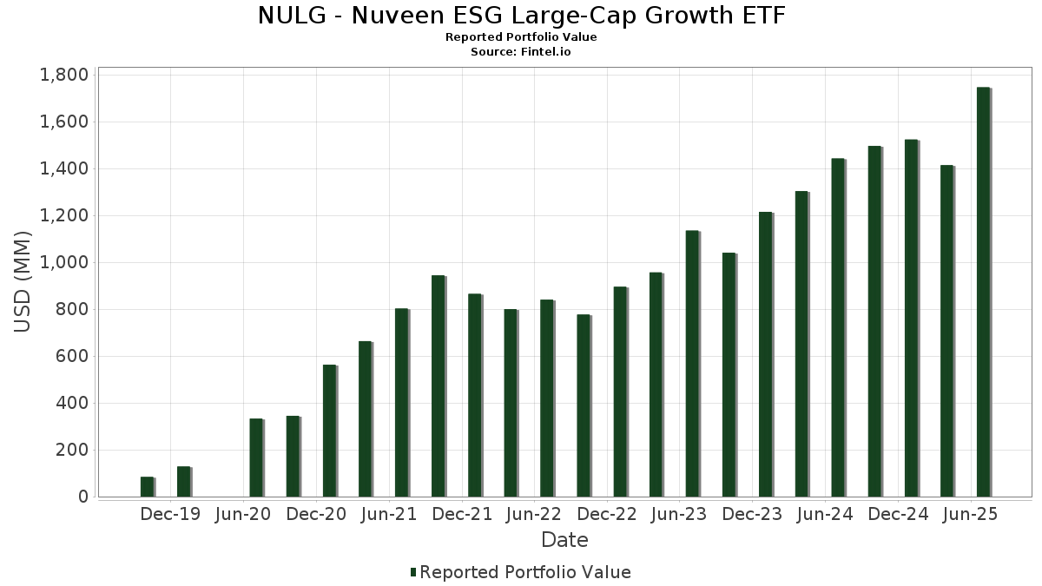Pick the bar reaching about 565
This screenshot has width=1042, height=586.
(329, 431)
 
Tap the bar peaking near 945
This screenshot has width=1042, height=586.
(438, 386)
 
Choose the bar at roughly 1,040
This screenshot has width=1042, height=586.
(729, 375)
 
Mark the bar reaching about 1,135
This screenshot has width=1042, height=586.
(692, 364)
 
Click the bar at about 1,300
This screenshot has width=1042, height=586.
(801, 344)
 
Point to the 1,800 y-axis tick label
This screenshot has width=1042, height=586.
(64, 75)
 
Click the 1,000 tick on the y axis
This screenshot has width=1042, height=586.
(64, 262)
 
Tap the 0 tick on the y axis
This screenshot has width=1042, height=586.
(83, 497)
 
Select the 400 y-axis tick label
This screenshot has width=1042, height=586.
(71, 403)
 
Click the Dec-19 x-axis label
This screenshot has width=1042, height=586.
(170, 514)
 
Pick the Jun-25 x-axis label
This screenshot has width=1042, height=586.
(970, 514)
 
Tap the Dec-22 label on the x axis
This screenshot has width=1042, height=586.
(607, 514)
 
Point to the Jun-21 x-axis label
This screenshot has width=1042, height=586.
(388, 514)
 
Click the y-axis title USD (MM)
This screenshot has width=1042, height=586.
(23, 282)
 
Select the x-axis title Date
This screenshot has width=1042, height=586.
(564, 540)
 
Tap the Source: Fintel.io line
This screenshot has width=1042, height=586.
(521, 51)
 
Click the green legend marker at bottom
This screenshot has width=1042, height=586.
(413, 572)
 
